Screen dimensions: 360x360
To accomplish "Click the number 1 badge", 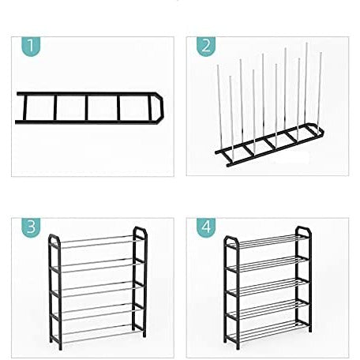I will [x=28, y=47].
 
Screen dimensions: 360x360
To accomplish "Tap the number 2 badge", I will [x=205, y=47].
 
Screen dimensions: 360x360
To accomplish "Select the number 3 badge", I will [x=29, y=227].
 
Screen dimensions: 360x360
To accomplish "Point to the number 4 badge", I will [x=205, y=227].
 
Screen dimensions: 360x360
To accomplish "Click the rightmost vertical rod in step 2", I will [x=321, y=87].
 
